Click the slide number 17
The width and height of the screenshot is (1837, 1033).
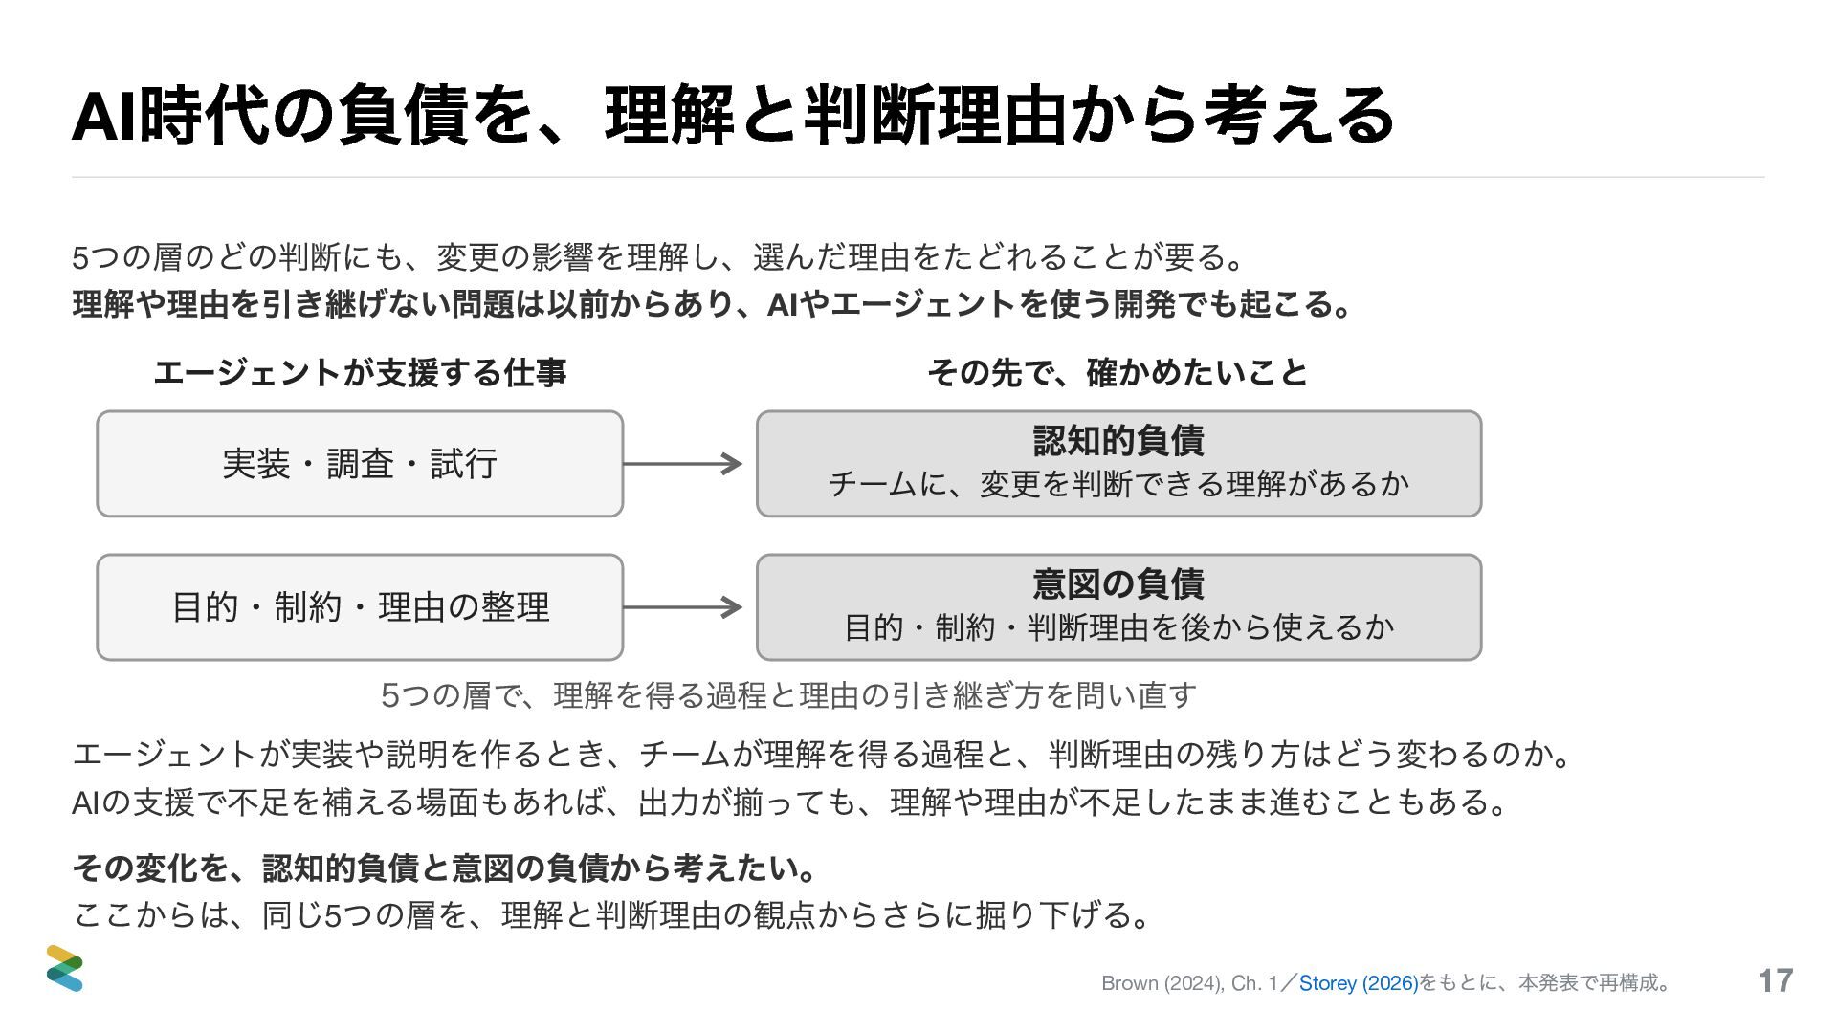(1776, 980)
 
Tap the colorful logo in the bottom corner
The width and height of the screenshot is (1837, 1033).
(65, 968)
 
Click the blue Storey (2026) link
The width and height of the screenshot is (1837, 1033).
(1359, 983)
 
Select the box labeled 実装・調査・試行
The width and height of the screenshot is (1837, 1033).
(360, 464)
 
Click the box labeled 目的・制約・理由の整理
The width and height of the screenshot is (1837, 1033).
(360, 607)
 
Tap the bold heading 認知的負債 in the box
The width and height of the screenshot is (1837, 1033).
(1118, 441)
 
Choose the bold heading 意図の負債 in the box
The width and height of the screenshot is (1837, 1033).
(1118, 583)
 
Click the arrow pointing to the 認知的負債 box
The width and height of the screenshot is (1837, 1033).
(682, 464)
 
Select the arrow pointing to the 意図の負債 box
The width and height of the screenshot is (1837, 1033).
(682, 607)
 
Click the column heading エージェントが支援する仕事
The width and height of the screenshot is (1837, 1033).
(360, 372)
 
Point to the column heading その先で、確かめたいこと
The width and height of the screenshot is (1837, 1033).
(1118, 372)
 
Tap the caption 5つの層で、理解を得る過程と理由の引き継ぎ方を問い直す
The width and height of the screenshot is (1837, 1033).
(788, 694)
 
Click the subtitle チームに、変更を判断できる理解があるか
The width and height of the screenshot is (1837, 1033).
(1118, 484)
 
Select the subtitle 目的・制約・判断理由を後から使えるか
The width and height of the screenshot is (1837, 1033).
(1118, 627)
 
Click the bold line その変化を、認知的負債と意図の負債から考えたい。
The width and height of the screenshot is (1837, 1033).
(446, 868)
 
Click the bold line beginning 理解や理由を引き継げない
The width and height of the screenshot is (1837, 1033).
(713, 304)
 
